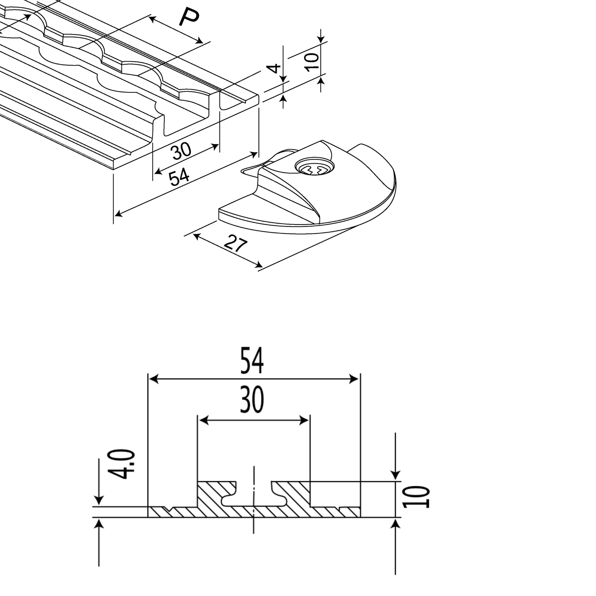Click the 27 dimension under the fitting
tap(235, 244)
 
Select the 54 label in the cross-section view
tap(252, 361)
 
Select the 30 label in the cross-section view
tap(252, 400)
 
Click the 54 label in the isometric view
tap(179, 177)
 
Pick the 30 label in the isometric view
tap(181, 151)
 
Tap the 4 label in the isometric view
tap(274, 69)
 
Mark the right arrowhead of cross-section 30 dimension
tap(304, 421)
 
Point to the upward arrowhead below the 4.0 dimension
tap(99, 524)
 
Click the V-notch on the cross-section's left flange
tap(170, 509)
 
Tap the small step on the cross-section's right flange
tap(341, 507)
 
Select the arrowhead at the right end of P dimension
tap(199, 41)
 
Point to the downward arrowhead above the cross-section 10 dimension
tap(396, 475)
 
